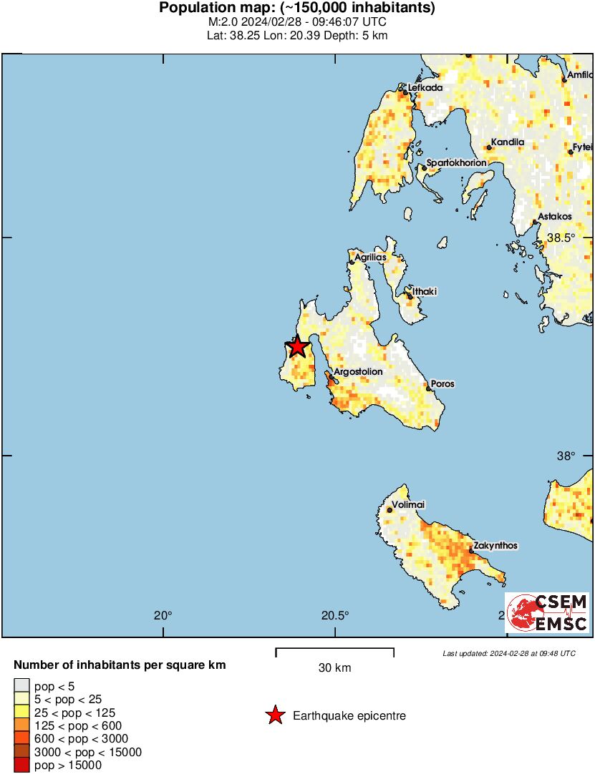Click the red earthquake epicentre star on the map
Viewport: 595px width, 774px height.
pyautogui.click(x=297, y=347)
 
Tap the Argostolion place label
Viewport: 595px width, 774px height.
pyautogui.click(x=359, y=372)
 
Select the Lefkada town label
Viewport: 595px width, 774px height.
pyautogui.click(x=425, y=88)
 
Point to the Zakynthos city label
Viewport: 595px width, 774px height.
pyautogui.click(x=495, y=546)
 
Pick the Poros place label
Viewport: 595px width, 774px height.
pyautogui.click(x=442, y=384)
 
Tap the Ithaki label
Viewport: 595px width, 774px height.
pyautogui.click(x=425, y=292)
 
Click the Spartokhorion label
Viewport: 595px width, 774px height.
pyautogui.click(x=456, y=163)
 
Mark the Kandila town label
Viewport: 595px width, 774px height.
pyautogui.click(x=508, y=142)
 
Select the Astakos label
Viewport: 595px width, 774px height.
pyautogui.click(x=555, y=216)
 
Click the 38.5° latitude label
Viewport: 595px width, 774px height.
pyautogui.click(x=561, y=237)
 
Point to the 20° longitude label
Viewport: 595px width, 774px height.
pyautogui.click(x=163, y=615)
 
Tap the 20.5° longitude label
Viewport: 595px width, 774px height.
pyautogui.click(x=335, y=615)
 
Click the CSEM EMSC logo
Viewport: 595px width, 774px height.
pyautogui.click(x=548, y=613)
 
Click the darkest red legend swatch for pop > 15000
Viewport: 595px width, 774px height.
pyautogui.click(x=22, y=765)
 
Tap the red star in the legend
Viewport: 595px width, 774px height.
pyautogui.click(x=274, y=715)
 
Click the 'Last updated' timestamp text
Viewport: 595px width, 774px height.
pyautogui.click(x=508, y=653)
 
